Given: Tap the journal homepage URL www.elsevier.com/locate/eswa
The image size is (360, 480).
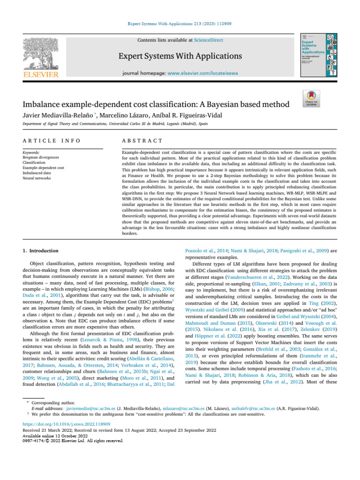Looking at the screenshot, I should click(207, 74).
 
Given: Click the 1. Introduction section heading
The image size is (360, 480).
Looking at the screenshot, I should click(41, 251).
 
